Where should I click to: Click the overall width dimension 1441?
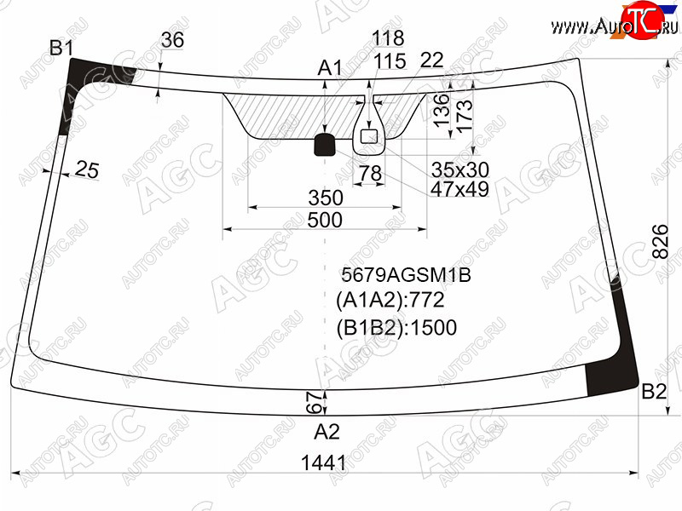coord(324,462)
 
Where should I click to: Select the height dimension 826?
coord(660,242)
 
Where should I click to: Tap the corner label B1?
coord(61,48)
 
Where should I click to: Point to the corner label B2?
coord(654,392)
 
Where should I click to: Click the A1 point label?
coord(330,68)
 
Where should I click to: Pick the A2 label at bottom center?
coord(327,432)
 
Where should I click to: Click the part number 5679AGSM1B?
coord(406,275)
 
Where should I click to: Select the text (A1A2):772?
coord(390,301)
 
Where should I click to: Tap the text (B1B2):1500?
coord(396,328)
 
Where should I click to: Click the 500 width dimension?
coord(325,220)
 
